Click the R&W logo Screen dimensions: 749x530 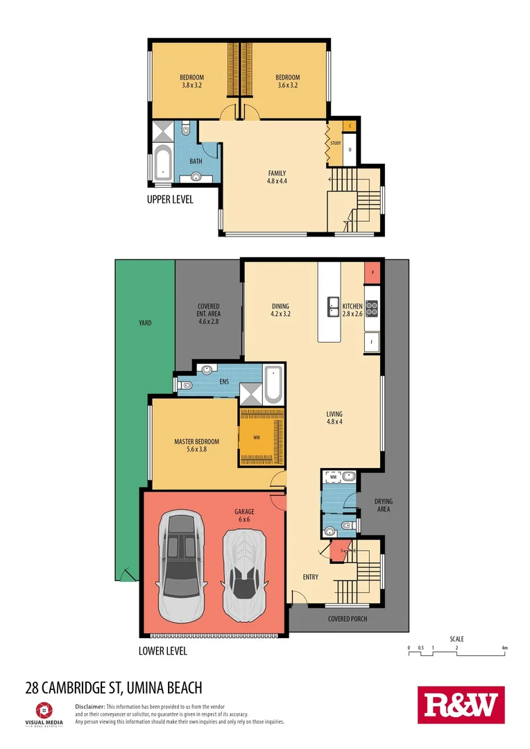(461, 706)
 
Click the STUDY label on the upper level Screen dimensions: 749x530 (336, 144)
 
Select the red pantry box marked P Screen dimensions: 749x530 (373, 273)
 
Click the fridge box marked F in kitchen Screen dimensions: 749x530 (373, 342)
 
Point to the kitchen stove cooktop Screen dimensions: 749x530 (373, 308)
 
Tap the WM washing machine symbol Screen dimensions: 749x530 (332, 477)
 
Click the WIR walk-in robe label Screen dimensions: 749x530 (257, 438)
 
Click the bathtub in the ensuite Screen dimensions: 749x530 (273, 384)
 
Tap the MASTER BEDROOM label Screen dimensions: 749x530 (196, 445)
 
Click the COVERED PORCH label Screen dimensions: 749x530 (348, 619)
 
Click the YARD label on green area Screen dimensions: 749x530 (144, 322)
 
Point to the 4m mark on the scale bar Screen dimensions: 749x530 (505, 648)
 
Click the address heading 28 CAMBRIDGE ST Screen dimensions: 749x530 (114, 688)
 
